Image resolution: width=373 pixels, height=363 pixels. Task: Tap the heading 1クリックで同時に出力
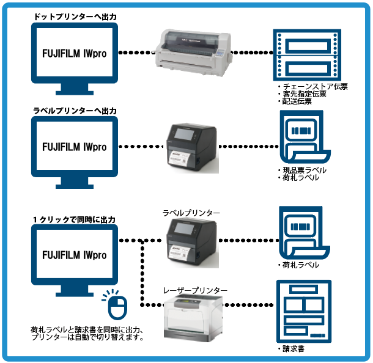(x=74, y=219)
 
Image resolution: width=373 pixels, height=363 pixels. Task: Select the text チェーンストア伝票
(x=314, y=87)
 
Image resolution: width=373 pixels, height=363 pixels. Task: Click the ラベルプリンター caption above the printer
(x=191, y=212)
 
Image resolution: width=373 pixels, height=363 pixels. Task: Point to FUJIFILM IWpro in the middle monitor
(x=74, y=147)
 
